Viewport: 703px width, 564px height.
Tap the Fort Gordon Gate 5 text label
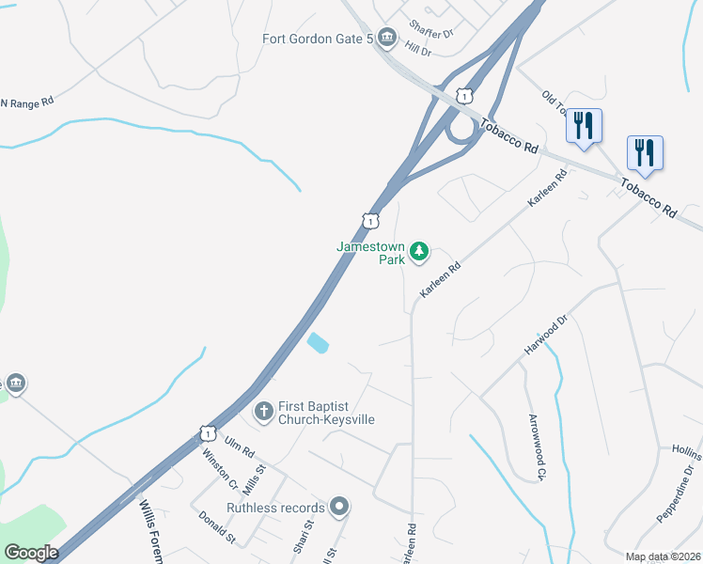click(318, 39)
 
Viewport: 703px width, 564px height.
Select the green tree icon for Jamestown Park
click(419, 252)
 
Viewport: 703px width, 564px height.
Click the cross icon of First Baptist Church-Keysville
click(264, 411)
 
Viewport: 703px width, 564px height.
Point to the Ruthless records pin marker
click(339, 508)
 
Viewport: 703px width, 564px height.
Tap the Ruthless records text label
click(275, 508)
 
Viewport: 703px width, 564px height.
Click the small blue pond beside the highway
click(318, 343)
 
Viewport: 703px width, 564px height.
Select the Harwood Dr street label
click(546, 336)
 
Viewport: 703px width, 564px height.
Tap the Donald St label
click(216, 527)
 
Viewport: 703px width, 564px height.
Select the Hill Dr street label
click(418, 49)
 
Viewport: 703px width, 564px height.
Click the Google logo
click(31, 552)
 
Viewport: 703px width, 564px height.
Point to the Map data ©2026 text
click(662, 556)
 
